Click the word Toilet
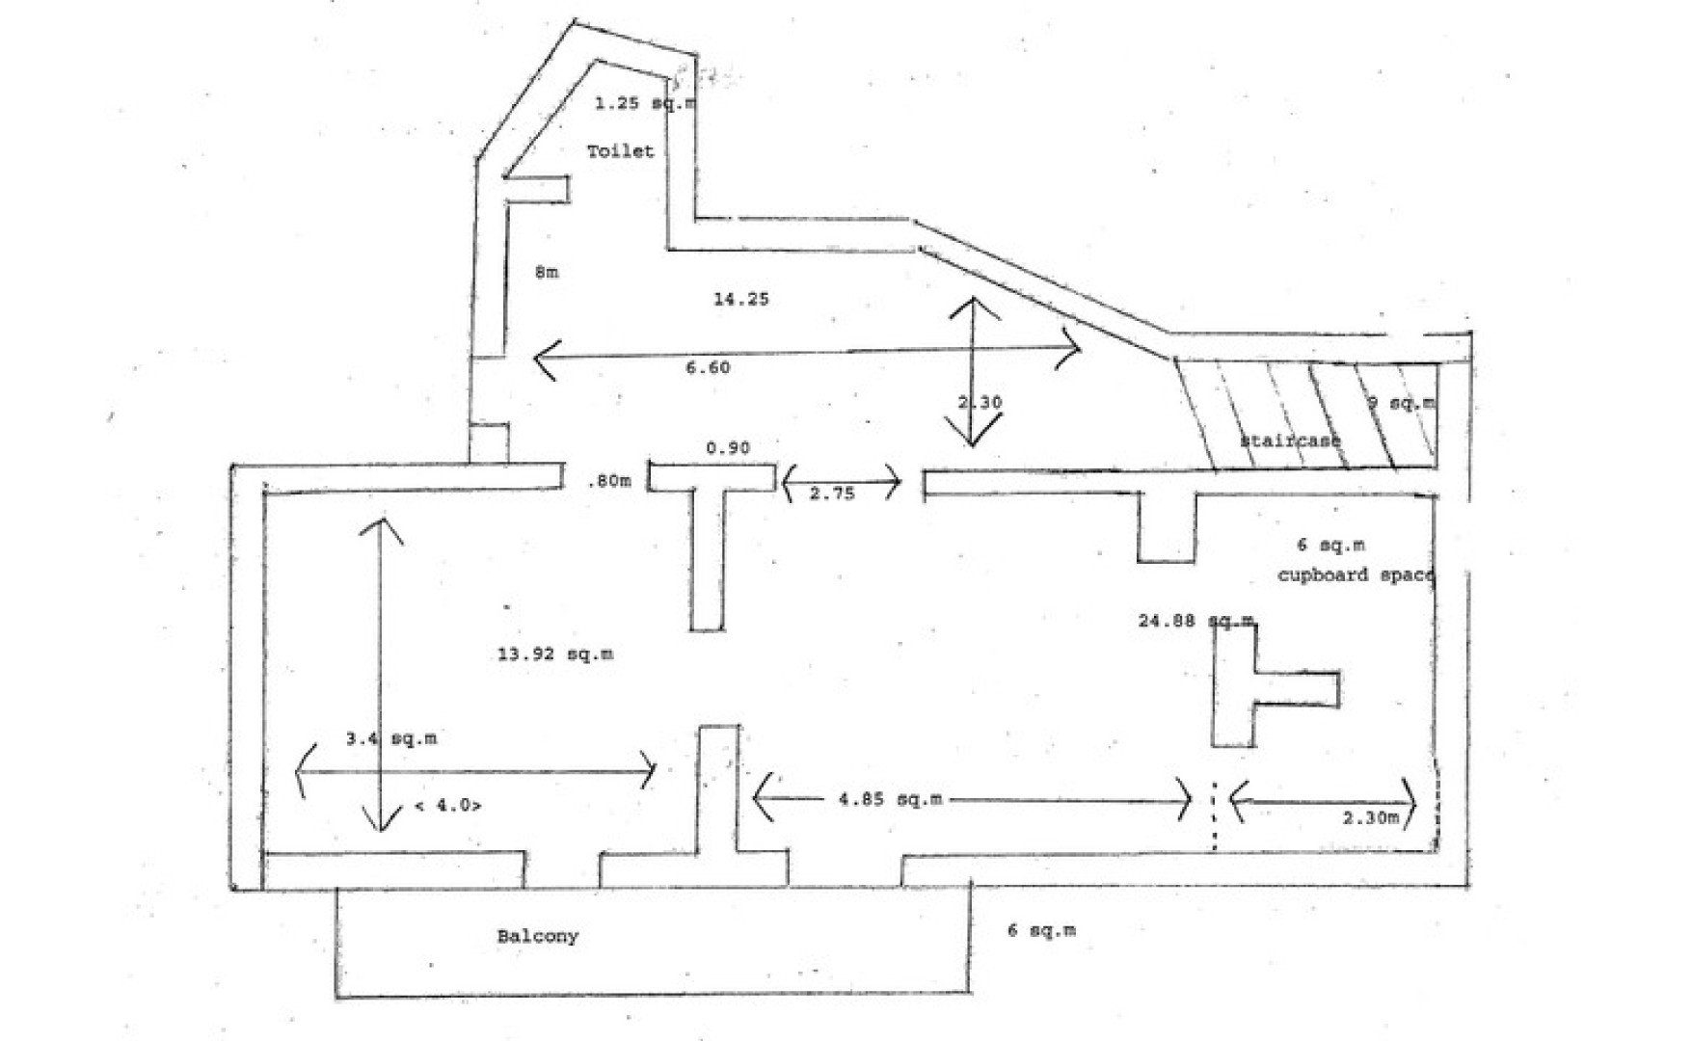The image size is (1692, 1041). coord(621,151)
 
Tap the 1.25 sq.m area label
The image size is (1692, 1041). coord(644,103)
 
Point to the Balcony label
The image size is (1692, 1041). coord(538,936)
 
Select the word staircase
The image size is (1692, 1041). coord(1290,440)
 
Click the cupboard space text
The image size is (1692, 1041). coord(1356,575)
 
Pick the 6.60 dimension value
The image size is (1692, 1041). coord(708,367)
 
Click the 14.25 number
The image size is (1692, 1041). coord(740,299)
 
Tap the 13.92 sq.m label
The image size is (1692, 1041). coord(555,654)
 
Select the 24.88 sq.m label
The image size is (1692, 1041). coord(1195,621)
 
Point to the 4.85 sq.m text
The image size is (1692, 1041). coord(890,799)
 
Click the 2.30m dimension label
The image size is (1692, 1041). coord(1370,818)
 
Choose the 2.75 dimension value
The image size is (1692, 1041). coord(832,494)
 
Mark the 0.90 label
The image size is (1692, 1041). coord(727,448)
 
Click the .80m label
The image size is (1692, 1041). coord(609,481)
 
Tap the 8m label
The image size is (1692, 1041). coord(546,273)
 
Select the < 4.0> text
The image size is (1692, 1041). coord(447,806)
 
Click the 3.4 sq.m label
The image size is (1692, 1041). coord(390,739)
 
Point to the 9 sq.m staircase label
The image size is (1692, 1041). coord(1401,403)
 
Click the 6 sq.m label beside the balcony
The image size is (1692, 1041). coord(1041,930)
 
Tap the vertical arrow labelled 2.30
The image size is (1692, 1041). coord(973,371)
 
